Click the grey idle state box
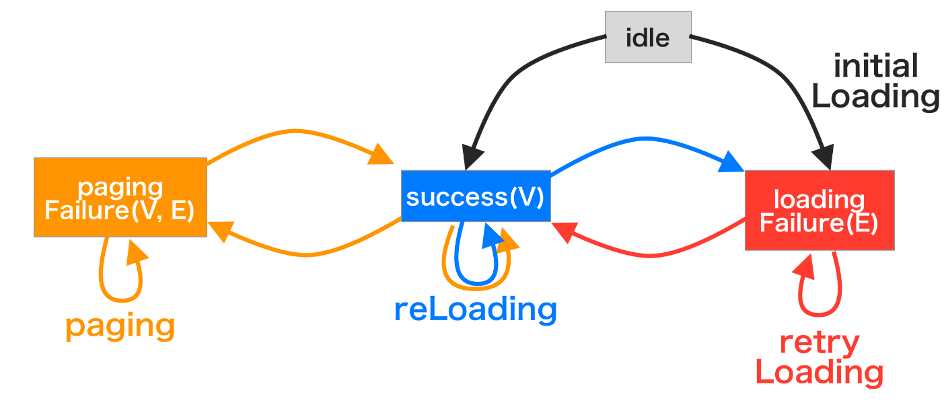647,37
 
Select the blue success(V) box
476,196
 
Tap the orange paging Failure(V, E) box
120,197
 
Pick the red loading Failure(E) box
820,211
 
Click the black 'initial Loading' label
875,81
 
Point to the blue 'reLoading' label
476,310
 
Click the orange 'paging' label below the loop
120,326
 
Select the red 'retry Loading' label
820,359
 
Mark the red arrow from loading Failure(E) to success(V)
650,255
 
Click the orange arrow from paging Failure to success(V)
295,131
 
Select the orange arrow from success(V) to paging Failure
306,254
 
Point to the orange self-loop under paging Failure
121,299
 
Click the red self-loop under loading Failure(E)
820,313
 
